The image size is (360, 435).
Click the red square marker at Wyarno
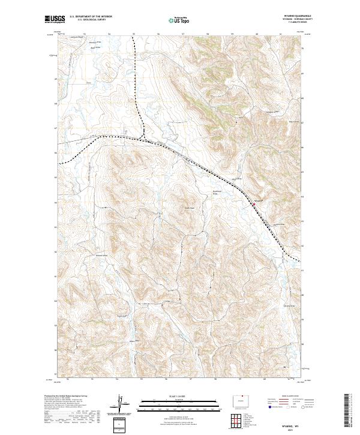coord(253,205)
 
